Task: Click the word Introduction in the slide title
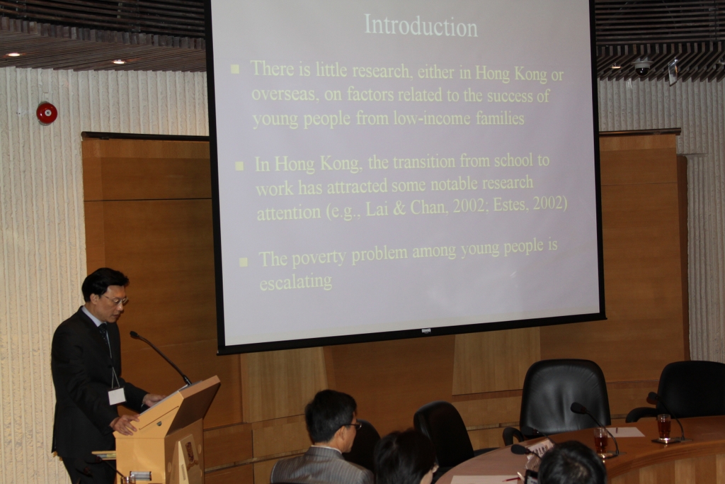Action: (x=421, y=26)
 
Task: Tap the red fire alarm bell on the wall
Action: (x=47, y=113)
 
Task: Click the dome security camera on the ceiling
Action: (x=642, y=67)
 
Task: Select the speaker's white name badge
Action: (x=117, y=396)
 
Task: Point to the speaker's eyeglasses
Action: (x=115, y=300)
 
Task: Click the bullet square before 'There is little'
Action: (x=235, y=69)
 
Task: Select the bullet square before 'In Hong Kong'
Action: (x=239, y=166)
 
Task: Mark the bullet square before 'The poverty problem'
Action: (x=244, y=262)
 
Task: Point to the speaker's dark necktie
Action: (x=105, y=335)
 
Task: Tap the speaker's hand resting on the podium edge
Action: (x=125, y=423)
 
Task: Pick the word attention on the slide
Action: (x=289, y=213)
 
